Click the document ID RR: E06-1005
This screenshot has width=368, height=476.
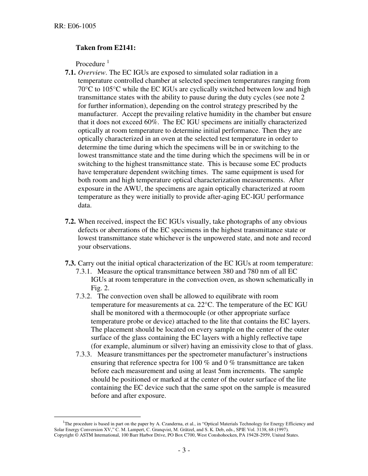(x=75, y=26)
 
